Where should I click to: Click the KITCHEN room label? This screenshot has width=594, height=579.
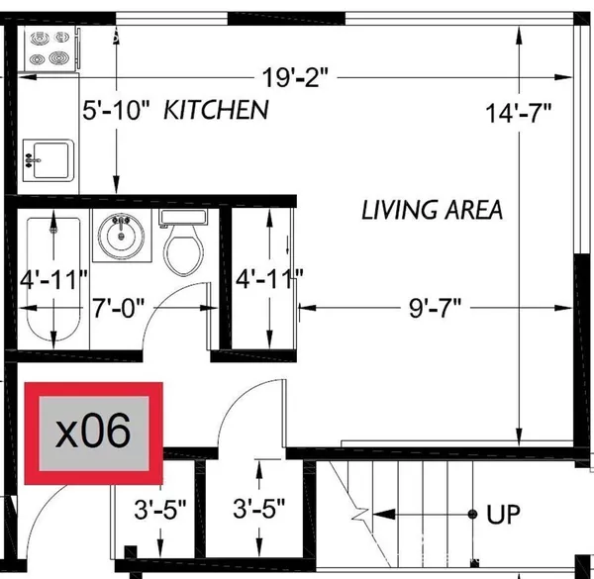(x=216, y=110)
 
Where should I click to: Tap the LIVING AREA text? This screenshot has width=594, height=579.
(x=432, y=210)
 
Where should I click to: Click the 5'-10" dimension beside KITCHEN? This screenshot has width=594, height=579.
(x=115, y=110)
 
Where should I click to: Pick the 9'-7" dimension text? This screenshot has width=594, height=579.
(x=437, y=308)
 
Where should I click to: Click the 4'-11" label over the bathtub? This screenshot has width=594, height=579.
(x=54, y=280)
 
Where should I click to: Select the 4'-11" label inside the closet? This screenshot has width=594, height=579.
(x=269, y=280)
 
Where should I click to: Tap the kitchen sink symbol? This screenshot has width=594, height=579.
(x=48, y=158)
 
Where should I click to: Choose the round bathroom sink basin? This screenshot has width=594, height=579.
(x=123, y=237)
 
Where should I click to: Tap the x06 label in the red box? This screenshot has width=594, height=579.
(x=94, y=433)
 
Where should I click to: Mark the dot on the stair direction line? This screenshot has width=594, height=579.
(x=471, y=515)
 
